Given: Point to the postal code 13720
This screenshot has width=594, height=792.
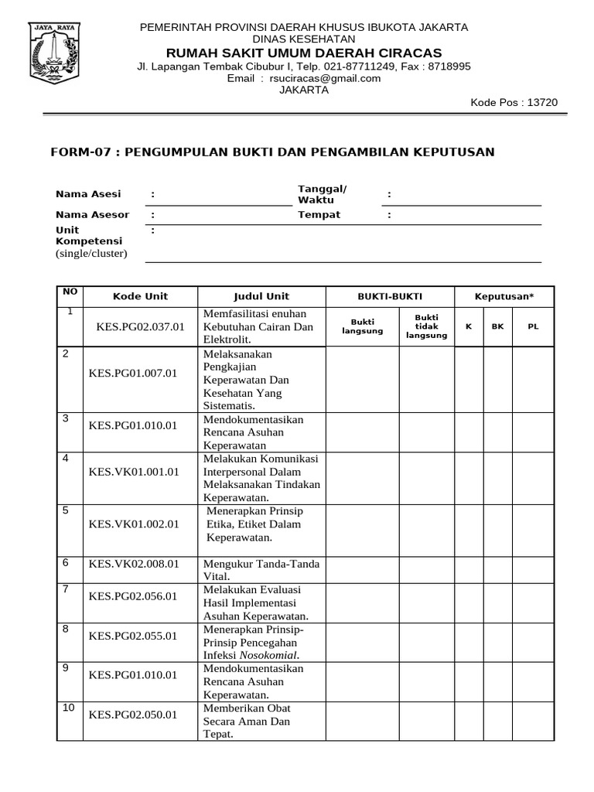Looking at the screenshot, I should coord(542,103).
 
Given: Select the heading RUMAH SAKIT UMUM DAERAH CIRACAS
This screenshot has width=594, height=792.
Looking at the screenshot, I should coord(303,53).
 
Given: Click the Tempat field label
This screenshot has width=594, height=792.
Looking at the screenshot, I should coord(319,214).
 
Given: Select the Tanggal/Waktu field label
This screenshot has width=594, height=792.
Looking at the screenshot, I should coord(323,195).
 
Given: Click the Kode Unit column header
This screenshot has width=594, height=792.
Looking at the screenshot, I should coord(140,296).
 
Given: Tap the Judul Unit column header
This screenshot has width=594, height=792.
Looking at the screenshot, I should coord(261,296).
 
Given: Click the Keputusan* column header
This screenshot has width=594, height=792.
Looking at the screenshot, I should coord(504,296).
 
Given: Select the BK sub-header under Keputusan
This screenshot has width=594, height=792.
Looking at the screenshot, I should coord(497,326).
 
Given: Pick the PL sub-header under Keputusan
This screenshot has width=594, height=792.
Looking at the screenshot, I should coord(533,326).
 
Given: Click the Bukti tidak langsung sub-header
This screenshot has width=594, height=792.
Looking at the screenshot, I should coord(426,326).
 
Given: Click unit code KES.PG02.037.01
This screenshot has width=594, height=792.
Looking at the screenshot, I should coord(140,326).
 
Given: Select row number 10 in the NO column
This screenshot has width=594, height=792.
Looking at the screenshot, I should coord(70,708).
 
